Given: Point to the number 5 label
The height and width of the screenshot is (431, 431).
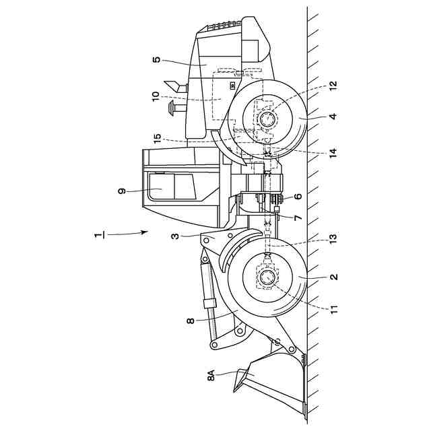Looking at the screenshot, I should coord(156,60).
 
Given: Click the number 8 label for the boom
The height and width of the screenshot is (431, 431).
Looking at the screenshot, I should coord(191,321).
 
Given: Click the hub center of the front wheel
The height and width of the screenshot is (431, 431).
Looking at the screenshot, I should coord(267,277).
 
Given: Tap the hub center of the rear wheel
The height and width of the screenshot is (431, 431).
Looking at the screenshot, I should coord(266,120).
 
